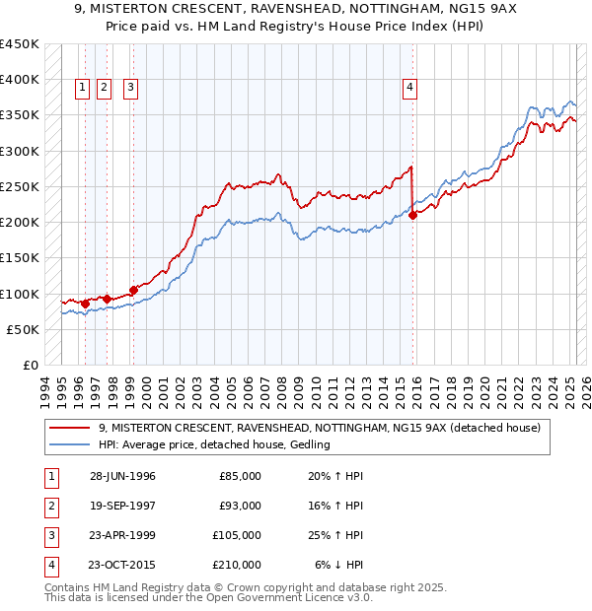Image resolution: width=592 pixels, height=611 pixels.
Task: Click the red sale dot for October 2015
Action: (x=413, y=216)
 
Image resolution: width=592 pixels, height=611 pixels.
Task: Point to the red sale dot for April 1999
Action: (x=132, y=290)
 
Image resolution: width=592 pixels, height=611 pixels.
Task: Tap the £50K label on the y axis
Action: (x=23, y=329)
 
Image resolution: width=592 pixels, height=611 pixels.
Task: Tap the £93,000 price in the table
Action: (x=240, y=506)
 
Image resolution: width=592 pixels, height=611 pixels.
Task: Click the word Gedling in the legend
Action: (x=309, y=445)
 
